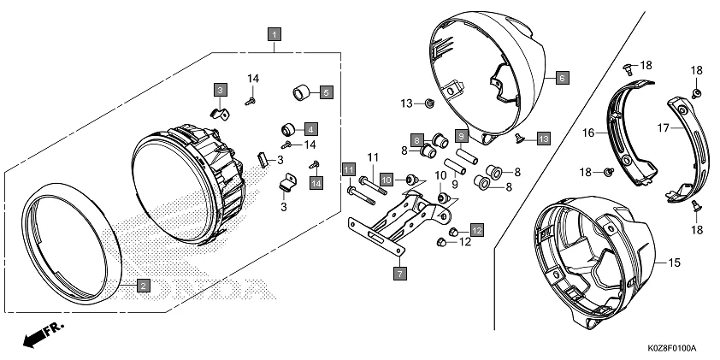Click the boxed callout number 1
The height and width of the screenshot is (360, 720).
(x=273, y=34)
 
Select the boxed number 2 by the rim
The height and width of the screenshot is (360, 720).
(x=144, y=286)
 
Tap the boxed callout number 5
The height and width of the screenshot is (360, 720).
(x=326, y=91)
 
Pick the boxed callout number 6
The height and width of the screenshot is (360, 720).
(x=561, y=77)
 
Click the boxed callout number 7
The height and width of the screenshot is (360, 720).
(x=399, y=274)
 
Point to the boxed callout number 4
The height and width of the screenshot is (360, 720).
(x=310, y=128)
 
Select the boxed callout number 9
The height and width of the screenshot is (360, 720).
(x=460, y=136)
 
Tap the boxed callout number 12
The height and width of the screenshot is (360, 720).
(x=476, y=230)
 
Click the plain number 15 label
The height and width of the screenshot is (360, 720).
(x=674, y=263)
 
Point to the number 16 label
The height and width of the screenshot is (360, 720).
(x=588, y=133)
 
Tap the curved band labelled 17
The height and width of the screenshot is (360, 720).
(x=691, y=145)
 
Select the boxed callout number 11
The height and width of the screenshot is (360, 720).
(x=348, y=170)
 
